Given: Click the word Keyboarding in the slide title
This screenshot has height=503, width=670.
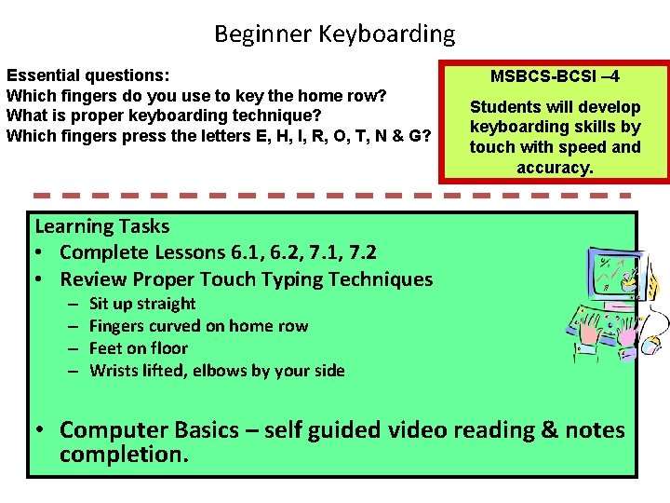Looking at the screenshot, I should tap(387, 35).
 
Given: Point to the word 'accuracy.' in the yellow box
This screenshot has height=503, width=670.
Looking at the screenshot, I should tap(556, 168).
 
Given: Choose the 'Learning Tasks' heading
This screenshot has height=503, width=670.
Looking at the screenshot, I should tap(101, 226).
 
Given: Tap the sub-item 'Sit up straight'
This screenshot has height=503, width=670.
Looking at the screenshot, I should tap(142, 304).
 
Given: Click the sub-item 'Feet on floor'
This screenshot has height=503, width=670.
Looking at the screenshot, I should tap(139, 348).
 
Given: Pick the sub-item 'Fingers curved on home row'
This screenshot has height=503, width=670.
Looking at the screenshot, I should tap(198, 326).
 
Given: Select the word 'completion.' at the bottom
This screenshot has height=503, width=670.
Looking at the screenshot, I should tap(124, 455).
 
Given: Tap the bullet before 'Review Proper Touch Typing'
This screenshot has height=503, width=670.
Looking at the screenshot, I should tap(42, 279).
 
